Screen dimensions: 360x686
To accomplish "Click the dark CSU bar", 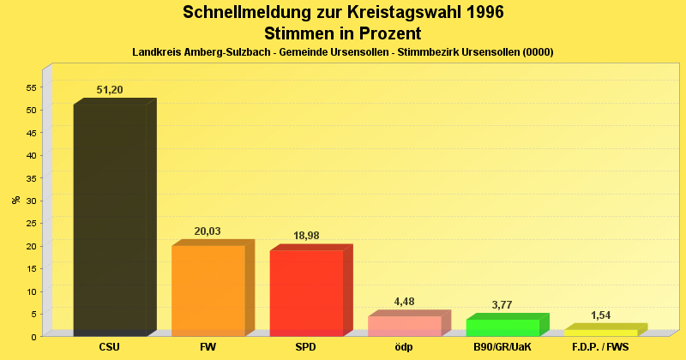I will click(x=110, y=219).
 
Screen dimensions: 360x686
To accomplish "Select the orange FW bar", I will click(x=208, y=290).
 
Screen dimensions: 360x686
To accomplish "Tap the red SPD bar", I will click(x=306, y=292).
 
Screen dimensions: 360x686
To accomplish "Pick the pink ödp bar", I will click(x=404, y=326).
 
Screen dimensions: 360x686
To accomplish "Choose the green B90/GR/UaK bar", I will click(x=502, y=327).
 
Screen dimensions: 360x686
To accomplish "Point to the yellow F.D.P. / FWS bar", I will click(x=600, y=333).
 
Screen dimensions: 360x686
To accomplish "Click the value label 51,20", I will click(x=110, y=90).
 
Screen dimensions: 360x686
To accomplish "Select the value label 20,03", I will click(x=208, y=231).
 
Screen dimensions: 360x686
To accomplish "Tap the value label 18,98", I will click(x=306, y=236).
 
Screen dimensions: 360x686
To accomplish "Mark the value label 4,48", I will click(x=404, y=301).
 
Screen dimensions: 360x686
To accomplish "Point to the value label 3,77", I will click(x=502, y=304).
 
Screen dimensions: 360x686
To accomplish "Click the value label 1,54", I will click(x=600, y=315).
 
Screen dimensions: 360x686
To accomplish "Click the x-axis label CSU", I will click(x=110, y=348).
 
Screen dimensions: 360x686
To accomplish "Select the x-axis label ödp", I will click(x=404, y=348).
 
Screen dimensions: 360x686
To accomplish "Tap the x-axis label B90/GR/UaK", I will click(x=502, y=348).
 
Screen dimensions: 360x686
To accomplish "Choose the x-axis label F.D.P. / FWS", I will click(x=600, y=348).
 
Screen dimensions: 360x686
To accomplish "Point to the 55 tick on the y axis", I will click(x=32, y=87).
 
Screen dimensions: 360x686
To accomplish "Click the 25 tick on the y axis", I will click(x=32, y=223).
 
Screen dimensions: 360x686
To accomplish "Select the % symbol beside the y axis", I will click(x=15, y=200).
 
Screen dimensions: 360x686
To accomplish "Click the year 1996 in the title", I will click(x=479, y=13).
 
